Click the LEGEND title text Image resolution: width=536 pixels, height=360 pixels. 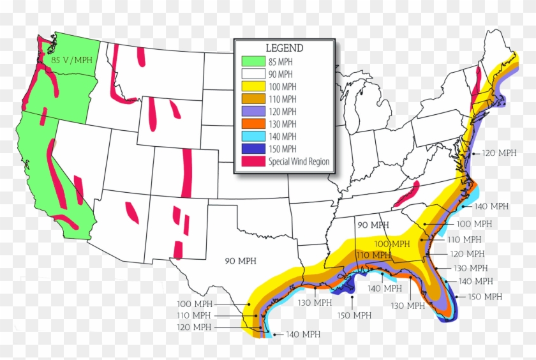point(284,48)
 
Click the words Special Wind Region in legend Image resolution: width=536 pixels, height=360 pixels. point(299,161)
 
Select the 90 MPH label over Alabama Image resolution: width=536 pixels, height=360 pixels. point(373,225)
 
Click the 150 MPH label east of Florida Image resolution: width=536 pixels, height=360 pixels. point(484,297)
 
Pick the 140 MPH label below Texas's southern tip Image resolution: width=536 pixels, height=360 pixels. point(302,334)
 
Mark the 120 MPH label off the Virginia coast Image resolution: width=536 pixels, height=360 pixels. point(500,154)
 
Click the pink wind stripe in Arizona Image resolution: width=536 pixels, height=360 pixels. point(132,213)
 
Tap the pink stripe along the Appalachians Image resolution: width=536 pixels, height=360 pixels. point(406,194)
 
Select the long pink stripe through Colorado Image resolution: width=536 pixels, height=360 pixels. point(188,172)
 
